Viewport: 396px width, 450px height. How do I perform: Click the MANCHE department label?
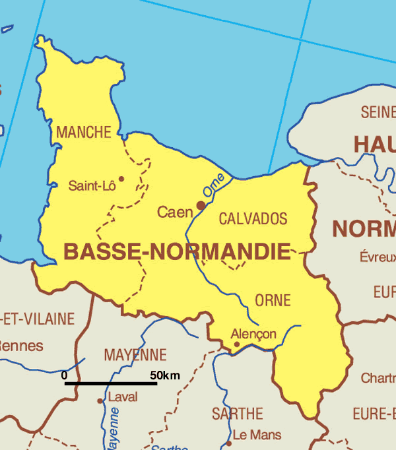[84, 133]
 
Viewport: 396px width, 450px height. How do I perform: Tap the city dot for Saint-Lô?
[121, 178]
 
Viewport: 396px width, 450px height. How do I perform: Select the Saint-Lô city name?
[92, 186]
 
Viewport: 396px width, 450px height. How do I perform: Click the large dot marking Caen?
[201, 205]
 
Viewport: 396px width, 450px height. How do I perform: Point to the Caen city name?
[174, 212]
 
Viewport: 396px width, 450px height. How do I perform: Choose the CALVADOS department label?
[253, 218]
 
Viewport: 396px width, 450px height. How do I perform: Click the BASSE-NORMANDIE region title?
[177, 251]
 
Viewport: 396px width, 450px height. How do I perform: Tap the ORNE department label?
[273, 300]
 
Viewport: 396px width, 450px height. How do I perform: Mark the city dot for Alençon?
[237, 344]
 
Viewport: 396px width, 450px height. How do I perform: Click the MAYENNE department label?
[135, 355]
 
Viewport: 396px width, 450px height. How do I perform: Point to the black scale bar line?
[110, 383]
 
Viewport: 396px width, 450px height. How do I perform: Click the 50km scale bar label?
[164, 375]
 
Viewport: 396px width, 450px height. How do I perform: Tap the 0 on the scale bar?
[64, 375]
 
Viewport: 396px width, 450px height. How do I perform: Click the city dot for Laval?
[100, 401]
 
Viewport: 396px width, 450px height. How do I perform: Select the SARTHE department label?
[238, 414]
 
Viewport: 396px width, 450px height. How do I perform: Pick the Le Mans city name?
[257, 435]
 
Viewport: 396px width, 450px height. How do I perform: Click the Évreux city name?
[378, 257]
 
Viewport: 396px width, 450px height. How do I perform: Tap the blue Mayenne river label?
[113, 429]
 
